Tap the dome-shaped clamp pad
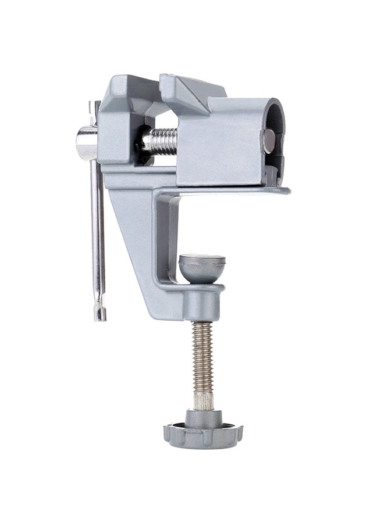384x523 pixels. click(201, 268)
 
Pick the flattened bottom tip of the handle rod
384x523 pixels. click(101, 311)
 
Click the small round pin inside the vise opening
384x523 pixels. click(269, 140)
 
